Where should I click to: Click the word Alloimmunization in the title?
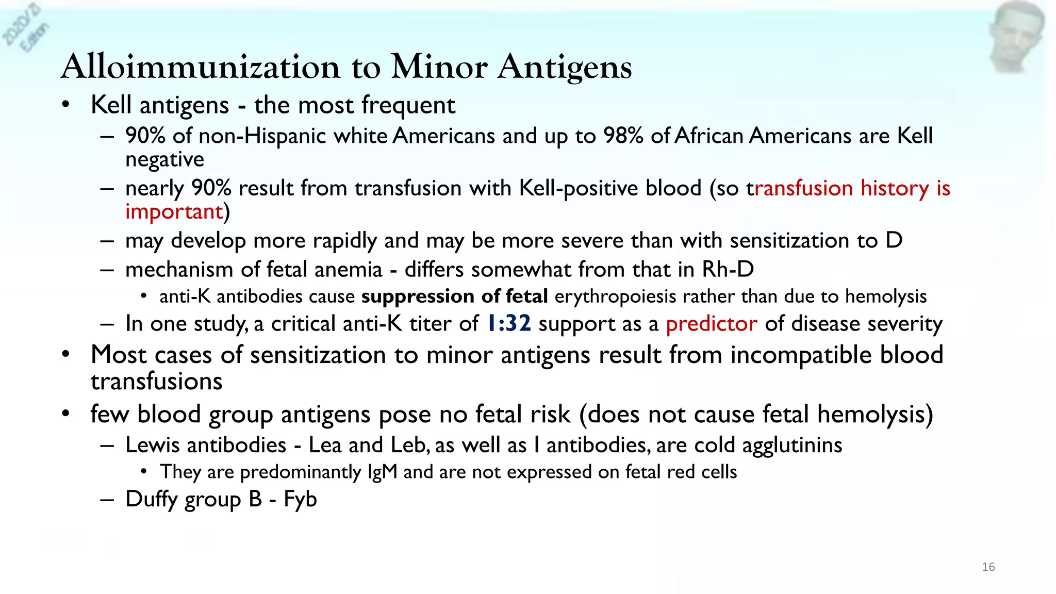point(200,67)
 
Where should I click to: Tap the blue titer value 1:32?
point(508,324)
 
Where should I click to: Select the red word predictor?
point(711,324)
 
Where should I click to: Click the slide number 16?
point(988,567)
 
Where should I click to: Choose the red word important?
point(174,212)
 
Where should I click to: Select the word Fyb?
point(300,500)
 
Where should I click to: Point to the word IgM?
point(382,472)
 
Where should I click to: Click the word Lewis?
point(154,445)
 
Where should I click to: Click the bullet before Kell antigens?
point(65,105)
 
